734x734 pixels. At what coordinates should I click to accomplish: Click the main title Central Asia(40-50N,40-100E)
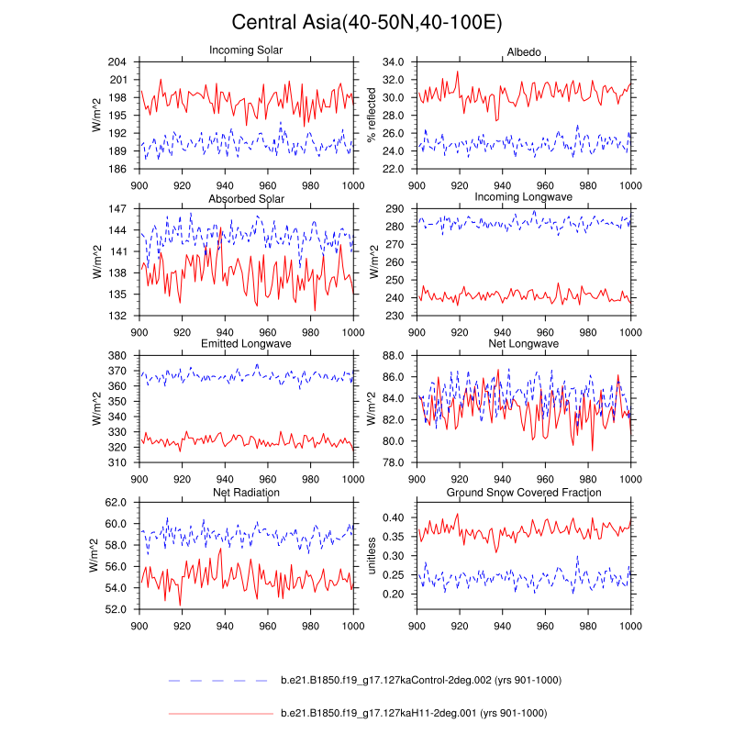pyautogui.click(x=367, y=22)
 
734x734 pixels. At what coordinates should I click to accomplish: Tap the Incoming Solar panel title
pyautogui.click(x=246, y=50)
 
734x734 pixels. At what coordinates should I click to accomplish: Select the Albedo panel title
pyautogui.click(x=524, y=50)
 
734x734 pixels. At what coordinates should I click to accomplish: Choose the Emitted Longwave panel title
pyautogui.click(x=246, y=344)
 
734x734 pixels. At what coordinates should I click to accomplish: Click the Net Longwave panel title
pyautogui.click(x=524, y=344)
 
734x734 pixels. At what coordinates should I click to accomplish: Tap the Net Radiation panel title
pyautogui.click(x=246, y=492)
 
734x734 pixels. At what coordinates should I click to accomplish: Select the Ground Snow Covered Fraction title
pyautogui.click(x=524, y=492)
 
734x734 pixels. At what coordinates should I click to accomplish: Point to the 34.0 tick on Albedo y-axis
pyautogui.click(x=394, y=61)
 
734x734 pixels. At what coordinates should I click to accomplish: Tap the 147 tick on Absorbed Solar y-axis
pyautogui.click(x=120, y=209)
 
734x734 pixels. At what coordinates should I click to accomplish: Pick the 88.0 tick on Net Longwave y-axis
pyautogui.click(x=394, y=356)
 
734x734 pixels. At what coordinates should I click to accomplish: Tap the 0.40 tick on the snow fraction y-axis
pyautogui.click(x=394, y=518)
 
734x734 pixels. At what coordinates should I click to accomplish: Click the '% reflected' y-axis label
pyautogui.click(x=372, y=115)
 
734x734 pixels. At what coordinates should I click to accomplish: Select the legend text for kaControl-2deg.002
pyautogui.click(x=420, y=680)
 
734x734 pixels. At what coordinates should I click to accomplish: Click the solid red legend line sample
pyautogui.click(x=219, y=713)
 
